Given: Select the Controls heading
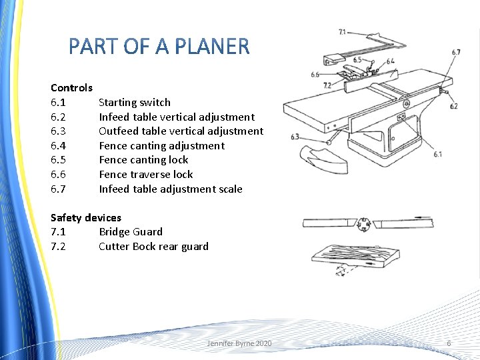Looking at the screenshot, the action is [71, 88].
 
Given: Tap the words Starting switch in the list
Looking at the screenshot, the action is [135, 103].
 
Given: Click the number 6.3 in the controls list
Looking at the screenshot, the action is [58, 131].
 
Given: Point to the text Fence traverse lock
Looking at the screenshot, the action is [146, 175].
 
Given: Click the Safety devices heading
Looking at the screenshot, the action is [86, 218].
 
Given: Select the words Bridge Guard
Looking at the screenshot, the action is [131, 232].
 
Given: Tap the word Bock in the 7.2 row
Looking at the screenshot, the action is [144, 247].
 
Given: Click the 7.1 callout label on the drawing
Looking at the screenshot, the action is [343, 31].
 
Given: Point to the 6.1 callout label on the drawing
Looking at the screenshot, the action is [437, 155].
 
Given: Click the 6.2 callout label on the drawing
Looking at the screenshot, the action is [454, 106].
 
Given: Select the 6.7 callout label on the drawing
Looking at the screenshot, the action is [456, 53].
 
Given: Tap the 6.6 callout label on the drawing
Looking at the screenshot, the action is [315, 75].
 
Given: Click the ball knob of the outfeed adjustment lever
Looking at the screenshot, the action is [330, 141].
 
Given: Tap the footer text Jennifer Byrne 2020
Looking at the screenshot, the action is [239, 343].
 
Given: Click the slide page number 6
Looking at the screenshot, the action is [449, 343].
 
